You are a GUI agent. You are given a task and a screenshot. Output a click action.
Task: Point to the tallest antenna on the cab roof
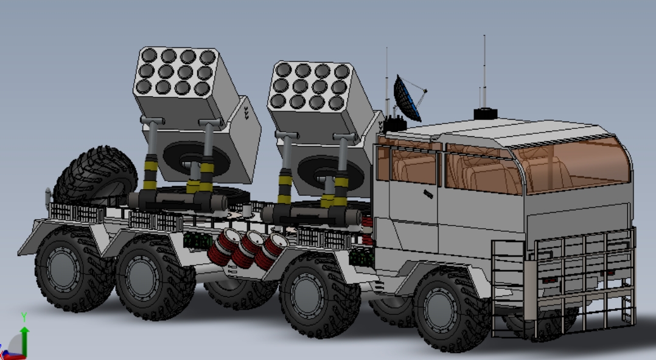[x=484, y=72]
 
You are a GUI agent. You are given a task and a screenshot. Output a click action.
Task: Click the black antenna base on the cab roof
[x=486, y=114]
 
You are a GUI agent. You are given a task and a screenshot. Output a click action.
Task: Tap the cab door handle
[x=428, y=194]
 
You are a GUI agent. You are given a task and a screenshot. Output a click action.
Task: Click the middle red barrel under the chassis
[x=247, y=249]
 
